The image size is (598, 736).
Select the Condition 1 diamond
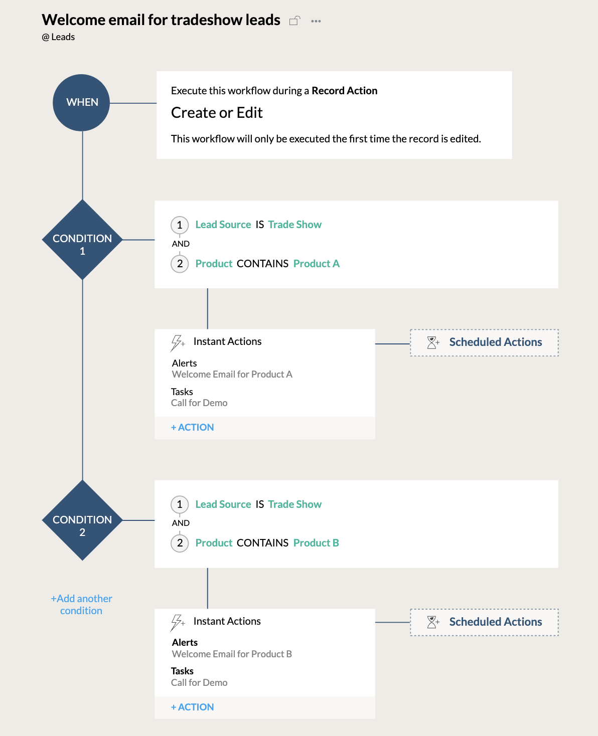pos(82,240)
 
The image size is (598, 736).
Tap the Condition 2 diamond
pos(82,520)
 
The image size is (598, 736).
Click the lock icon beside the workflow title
pos(294,21)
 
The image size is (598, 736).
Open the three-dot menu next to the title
pos(316,21)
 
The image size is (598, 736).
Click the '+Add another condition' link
pos(81,605)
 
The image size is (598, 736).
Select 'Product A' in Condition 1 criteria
pos(316,264)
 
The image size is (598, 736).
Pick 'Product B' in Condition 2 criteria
pos(316,543)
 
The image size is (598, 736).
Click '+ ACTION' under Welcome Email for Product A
pos(193,428)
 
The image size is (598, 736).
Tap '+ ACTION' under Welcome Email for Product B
pos(193,707)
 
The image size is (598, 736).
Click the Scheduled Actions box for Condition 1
pos(484,342)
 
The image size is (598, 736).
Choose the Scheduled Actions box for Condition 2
pos(484,622)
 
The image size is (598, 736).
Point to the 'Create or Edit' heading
pos(217,113)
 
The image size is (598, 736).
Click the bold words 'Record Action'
pos(344,91)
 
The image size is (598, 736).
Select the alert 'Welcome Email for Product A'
pos(232,375)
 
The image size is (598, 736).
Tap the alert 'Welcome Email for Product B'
pos(232,654)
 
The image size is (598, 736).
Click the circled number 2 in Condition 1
pos(180,264)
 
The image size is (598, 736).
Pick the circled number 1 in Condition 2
pos(180,504)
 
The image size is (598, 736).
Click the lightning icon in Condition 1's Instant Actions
pos(177,343)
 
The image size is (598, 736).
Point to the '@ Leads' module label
pos(59,37)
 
